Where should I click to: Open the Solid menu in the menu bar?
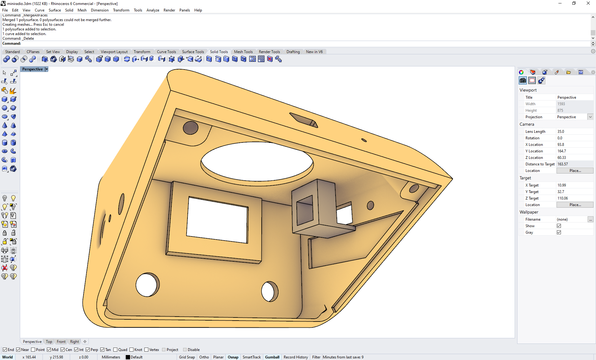tap(69, 10)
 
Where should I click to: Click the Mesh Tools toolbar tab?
tap(243, 52)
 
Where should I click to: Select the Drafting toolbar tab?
tap(293, 52)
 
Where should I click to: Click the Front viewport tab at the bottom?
tap(61, 342)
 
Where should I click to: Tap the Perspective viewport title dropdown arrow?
tap(47, 69)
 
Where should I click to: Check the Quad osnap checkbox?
tap(115, 350)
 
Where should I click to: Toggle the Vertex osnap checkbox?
tap(147, 350)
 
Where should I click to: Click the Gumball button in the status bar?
tap(272, 357)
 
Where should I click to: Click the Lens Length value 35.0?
tap(561, 132)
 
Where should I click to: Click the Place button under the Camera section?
tap(575, 171)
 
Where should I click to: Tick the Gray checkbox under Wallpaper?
tap(559, 232)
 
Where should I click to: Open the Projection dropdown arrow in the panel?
tap(590, 117)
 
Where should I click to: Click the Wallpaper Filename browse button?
tap(590, 219)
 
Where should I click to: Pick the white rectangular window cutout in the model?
tap(218, 220)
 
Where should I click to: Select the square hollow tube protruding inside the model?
tap(314, 206)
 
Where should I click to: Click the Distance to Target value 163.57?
tap(562, 164)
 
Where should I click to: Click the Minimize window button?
tap(560, 3)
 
